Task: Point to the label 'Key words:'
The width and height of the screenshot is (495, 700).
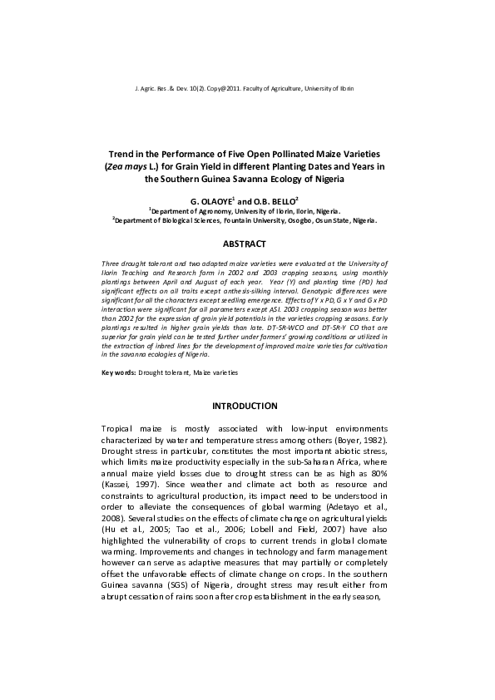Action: pos(118,373)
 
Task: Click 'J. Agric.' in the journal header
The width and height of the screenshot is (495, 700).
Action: pos(146,87)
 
